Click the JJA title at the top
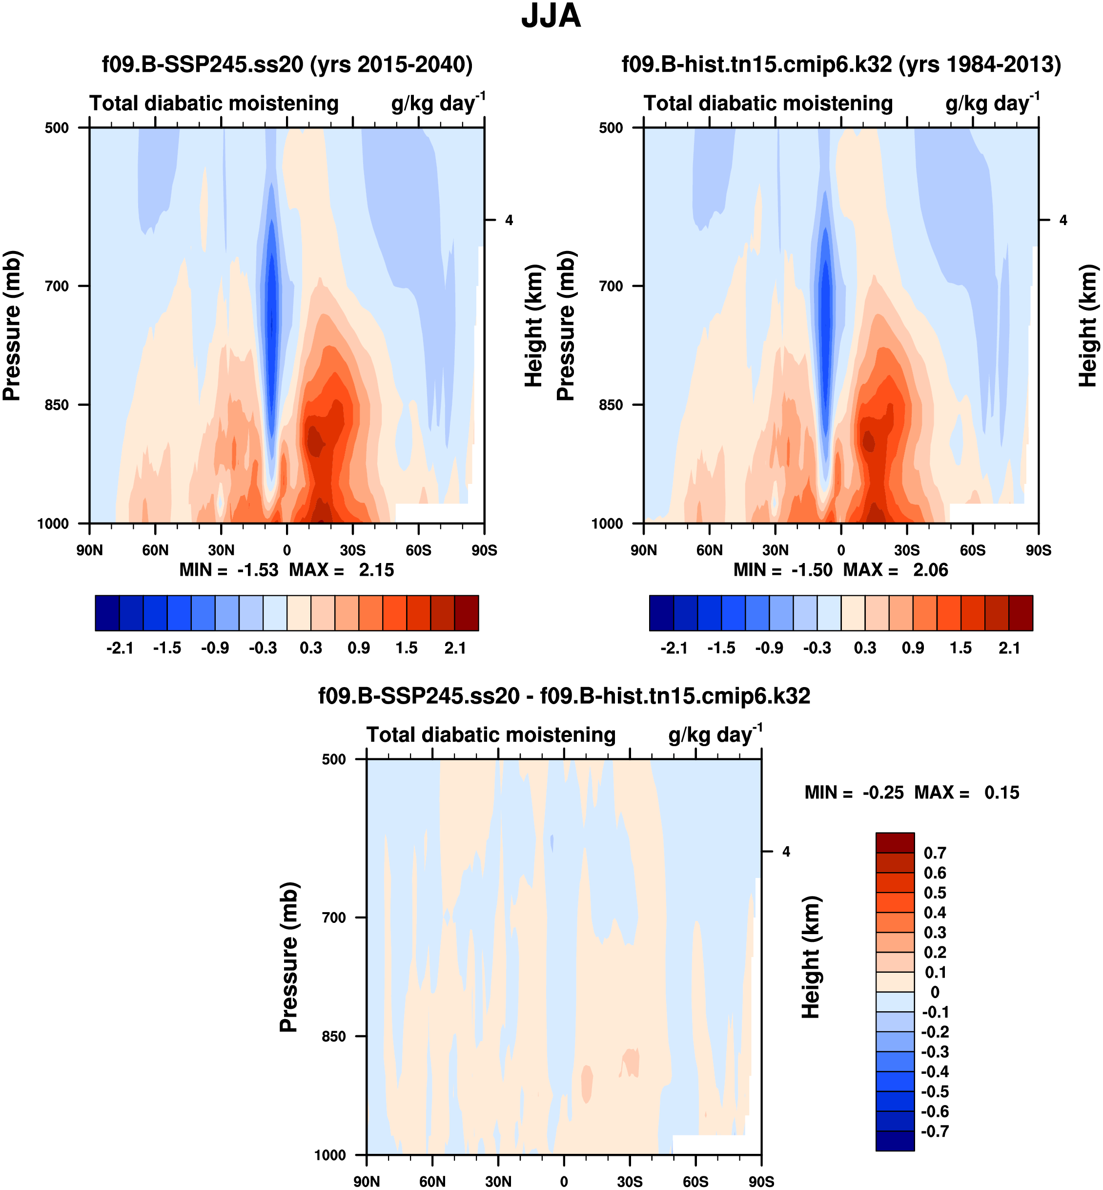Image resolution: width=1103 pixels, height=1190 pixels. (551, 16)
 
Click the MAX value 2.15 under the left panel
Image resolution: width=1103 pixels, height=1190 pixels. (376, 570)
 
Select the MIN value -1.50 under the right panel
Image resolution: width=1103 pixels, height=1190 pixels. (811, 570)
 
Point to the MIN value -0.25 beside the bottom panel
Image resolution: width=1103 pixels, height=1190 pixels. (883, 793)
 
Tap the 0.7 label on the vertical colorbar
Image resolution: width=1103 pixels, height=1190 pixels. (935, 853)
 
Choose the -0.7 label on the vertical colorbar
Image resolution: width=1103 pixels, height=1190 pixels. (935, 1131)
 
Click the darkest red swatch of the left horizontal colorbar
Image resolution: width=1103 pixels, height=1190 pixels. (466, 613)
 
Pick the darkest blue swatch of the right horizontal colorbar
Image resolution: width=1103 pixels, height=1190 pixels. (661, 613)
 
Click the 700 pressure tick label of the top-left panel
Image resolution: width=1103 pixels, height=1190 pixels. (57, 286)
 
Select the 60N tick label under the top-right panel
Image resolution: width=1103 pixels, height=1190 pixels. (709, 550)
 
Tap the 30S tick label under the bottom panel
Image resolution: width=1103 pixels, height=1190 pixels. (630, 1182)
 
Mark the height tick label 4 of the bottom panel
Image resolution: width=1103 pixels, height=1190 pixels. (786, 852)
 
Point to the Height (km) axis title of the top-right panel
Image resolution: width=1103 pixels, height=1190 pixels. (1087, 325)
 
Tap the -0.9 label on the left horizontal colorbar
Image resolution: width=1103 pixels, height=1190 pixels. (215, 648)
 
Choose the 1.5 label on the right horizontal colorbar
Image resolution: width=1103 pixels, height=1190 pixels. (960, 648)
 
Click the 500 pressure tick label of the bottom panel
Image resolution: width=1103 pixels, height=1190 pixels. (334, 759)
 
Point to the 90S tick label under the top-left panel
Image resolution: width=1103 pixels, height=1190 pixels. (484, 550)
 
